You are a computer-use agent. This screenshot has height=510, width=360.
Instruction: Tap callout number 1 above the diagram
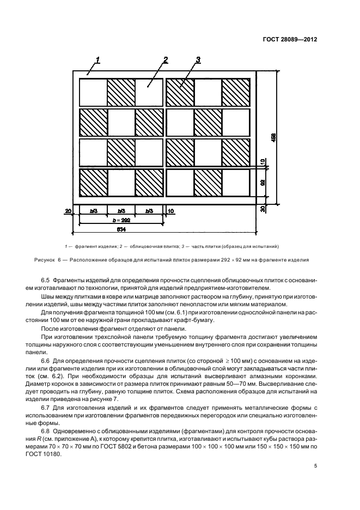coord(97,59)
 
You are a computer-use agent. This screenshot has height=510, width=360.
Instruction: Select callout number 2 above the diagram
coord(165,59)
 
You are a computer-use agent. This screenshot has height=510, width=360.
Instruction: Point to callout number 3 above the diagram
coord(198,59)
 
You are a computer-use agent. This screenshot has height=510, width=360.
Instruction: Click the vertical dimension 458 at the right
coord(273,138)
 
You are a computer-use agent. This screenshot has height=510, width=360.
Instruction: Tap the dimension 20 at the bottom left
coord(68,210)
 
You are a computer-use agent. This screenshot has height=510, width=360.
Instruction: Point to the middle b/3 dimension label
coord(121,210)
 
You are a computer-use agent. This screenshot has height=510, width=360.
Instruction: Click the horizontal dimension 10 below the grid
coord(171,210)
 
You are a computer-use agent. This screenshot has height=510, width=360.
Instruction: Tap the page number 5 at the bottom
coord(316,465)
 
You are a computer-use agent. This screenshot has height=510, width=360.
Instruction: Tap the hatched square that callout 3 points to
coord(180,93)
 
